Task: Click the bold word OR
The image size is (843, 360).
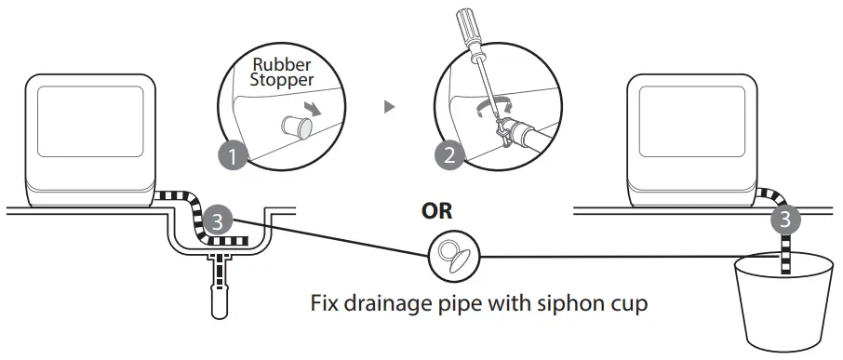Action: pyautogui.click(x=436, y=212)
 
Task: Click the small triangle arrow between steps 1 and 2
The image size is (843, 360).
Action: pyautogui.click(x=389, y=107)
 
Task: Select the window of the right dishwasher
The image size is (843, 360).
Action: pyautogui.click(x=693, y=120)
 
